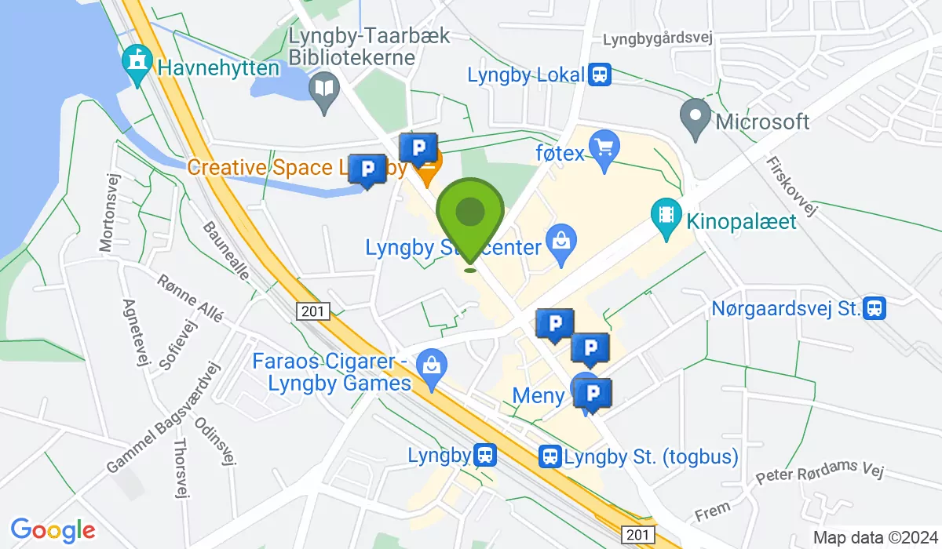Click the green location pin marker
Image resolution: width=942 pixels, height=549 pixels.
click(x=469, y=213)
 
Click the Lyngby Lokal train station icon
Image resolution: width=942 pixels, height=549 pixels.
click(x=601, y=75)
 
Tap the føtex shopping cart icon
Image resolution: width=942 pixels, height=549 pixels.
click(x=604, y=150)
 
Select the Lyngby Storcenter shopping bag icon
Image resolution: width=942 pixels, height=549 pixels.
click(x=562, y=239)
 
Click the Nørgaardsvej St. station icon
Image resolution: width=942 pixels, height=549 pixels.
click(x=874, y=308)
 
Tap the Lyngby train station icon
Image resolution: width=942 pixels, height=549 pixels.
click(x=484, y=455)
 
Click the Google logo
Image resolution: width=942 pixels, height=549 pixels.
click(x=53, y=531)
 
